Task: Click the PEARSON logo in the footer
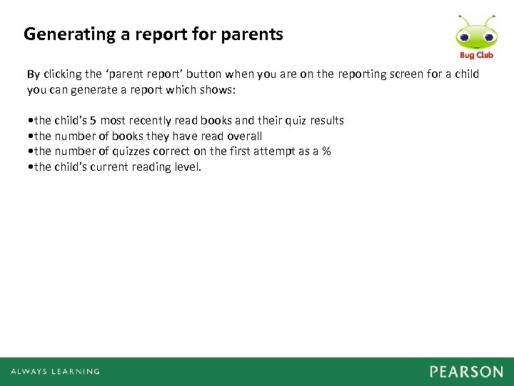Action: [466, 372]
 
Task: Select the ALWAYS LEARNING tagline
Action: [55, 372]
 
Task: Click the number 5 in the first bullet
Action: [93, 121]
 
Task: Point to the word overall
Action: [245, 136]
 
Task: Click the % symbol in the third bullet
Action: [326, 152]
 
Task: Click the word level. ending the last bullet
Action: [187, 167]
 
